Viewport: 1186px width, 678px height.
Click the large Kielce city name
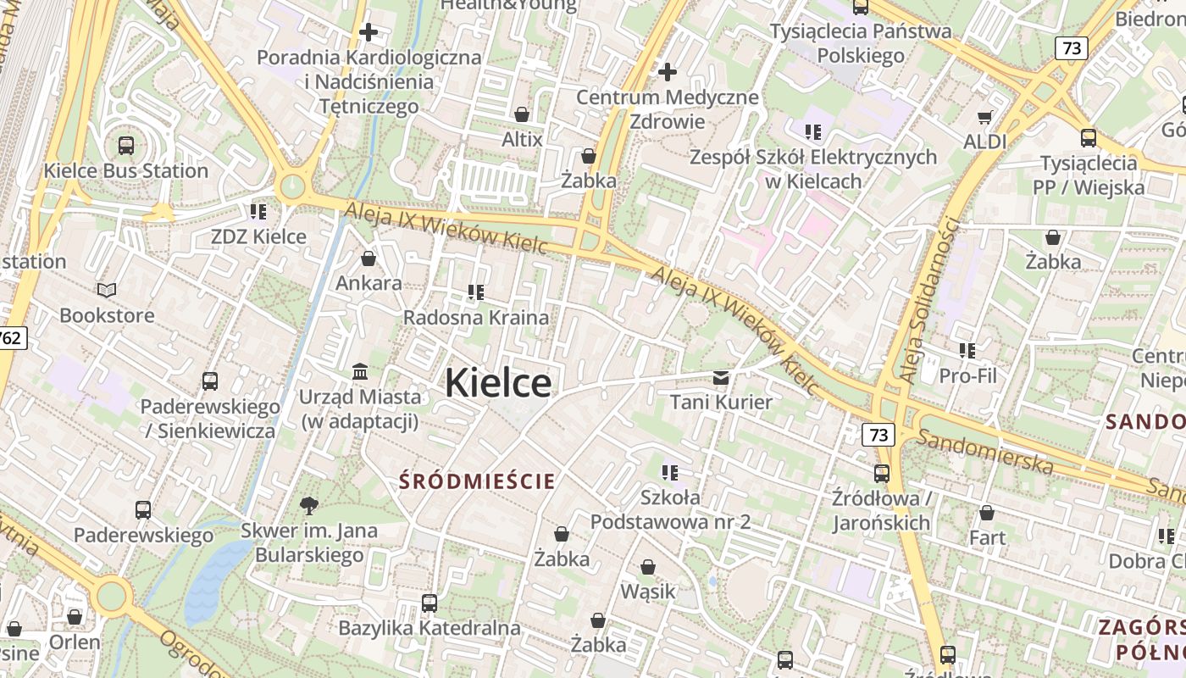pos(498,382)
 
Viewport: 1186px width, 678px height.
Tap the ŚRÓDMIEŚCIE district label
pos(477,481)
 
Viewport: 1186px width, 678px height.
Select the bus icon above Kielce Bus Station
pos(126,145)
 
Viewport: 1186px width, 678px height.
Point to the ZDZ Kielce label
pos(258,236)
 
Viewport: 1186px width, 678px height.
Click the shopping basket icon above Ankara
pos(369,258)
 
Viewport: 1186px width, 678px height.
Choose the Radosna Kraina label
pos(476,318)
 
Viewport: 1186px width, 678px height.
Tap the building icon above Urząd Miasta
pos(360,371)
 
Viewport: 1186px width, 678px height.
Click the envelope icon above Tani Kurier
pos(721,377)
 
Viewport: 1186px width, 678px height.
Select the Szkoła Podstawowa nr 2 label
pos(670,508)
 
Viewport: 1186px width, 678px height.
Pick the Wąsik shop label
pos(648,591)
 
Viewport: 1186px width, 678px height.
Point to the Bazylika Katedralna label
pos(429,628)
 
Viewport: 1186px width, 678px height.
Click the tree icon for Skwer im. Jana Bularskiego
pos(309,506)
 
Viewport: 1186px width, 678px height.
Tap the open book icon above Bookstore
pos(107,291)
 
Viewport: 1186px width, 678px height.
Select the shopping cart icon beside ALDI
pos(984,117)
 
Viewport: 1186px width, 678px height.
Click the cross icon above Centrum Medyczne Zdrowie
pos(668,72)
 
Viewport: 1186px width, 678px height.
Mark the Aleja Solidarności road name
pos(929,301)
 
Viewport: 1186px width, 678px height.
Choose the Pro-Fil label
pos(967,375)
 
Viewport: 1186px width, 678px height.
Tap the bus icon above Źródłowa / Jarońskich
pos(882,473)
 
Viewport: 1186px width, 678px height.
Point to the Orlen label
pos(75,642)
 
